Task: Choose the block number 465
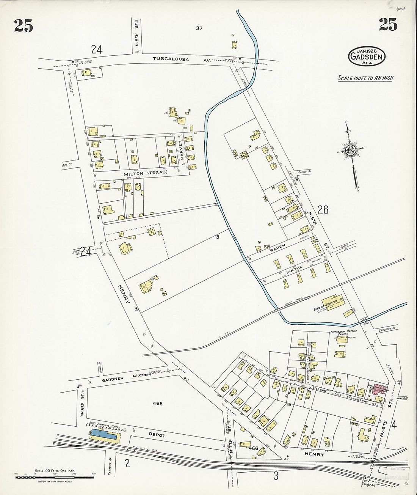coord(157,404)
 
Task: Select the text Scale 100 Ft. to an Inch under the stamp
coord(365,78)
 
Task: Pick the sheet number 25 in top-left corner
coord(24,25)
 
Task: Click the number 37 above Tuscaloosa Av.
coord(199,28)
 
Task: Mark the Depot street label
coord(158,435)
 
